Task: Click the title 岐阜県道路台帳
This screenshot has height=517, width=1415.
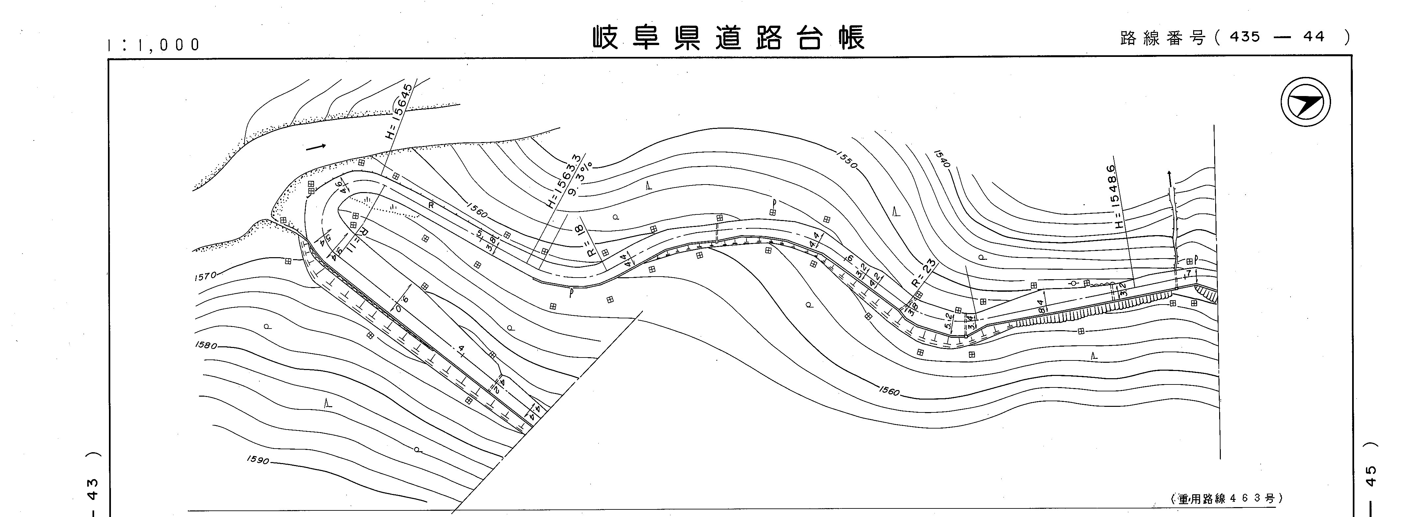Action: pyautogui.click(x=728, y=37)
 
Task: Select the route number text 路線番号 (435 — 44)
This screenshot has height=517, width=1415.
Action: pyautogui.click(x=1234, y=37)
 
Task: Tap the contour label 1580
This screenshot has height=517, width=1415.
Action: pyautogui.click(x=206, y=345)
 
